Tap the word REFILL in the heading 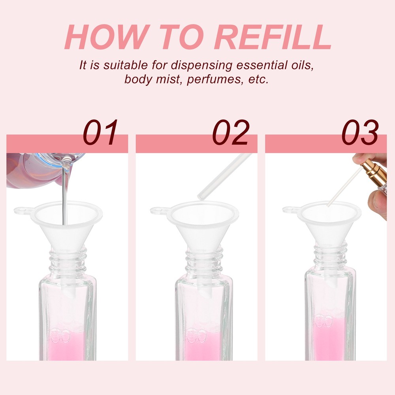(x=272, y=37)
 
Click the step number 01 (x=100, y=132)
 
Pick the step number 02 (x=231, y=132)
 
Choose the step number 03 (x=360, y=132)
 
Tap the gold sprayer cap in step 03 (x=374, y=173)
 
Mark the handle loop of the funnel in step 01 (x=22, y=211)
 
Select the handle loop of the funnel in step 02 (x=159, y=211)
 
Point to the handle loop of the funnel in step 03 (x=291, y=210)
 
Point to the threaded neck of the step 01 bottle (x=68, y=261)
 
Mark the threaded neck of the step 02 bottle (x=204, y=261)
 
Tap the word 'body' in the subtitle (x=138, y=80)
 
